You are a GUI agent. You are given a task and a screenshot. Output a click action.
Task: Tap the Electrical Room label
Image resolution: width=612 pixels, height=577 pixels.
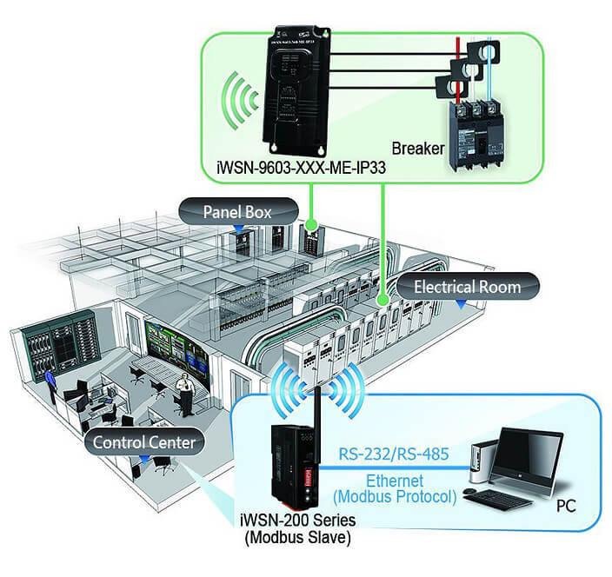coord(468,286)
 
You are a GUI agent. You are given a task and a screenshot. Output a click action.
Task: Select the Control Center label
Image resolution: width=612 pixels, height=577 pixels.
coord(145,443)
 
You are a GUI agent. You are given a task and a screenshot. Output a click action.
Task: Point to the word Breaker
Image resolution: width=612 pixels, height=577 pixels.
coord(418,148)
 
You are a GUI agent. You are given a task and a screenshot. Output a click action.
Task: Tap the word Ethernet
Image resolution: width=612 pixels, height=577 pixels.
coord(394,481)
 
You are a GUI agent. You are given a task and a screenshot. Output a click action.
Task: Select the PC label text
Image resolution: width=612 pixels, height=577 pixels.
coord(565,507)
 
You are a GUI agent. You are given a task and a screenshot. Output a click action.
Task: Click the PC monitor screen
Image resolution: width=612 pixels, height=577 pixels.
coord(525,454)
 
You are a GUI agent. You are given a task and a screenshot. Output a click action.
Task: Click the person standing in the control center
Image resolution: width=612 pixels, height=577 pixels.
coord(183,394)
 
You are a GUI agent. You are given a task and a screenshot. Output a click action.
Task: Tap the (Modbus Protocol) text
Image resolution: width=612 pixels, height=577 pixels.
coord(394,497)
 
